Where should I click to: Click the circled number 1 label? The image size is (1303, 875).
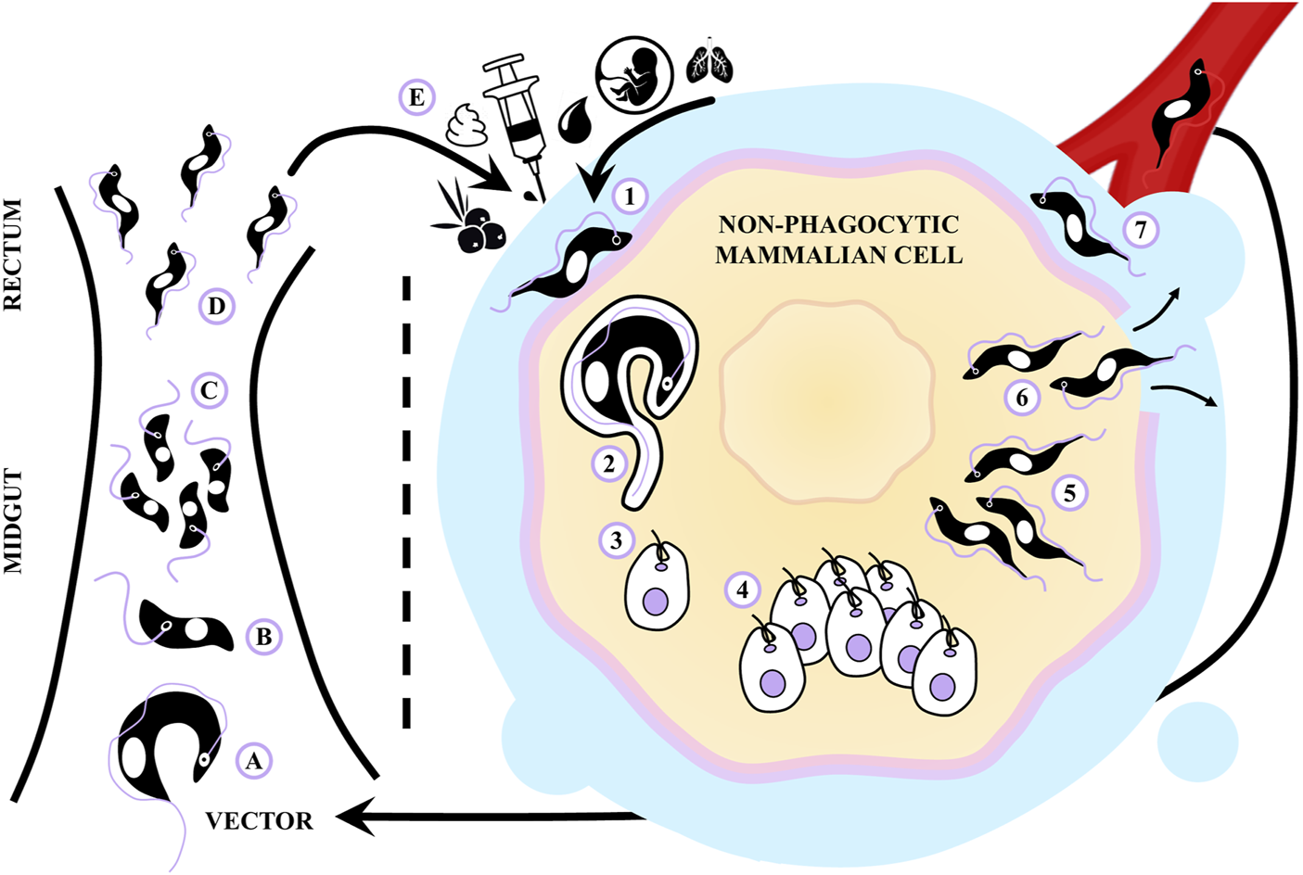(631, 197)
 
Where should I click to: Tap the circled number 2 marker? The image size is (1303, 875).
(608, 463)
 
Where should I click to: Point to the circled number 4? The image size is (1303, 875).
(742, 589)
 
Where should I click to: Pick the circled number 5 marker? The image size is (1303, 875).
(1069, 492)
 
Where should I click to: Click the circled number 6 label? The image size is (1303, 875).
(1022, 398)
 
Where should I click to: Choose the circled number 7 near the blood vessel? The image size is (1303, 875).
(1141, 228)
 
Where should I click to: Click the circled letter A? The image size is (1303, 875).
(253, 761)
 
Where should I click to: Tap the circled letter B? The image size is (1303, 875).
(263, 638)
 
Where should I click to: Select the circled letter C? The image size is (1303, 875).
(209, 391)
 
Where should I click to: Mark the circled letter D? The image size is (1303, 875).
(216, 306)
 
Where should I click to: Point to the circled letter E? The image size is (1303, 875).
(416, 97)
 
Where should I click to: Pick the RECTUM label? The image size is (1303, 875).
(13, 254)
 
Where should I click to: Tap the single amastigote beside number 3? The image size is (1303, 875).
(658, 586)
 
